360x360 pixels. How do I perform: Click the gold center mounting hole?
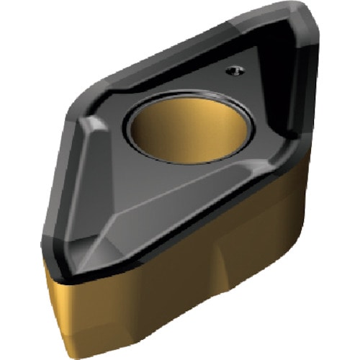pyautogui.click(x=189, y=130)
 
